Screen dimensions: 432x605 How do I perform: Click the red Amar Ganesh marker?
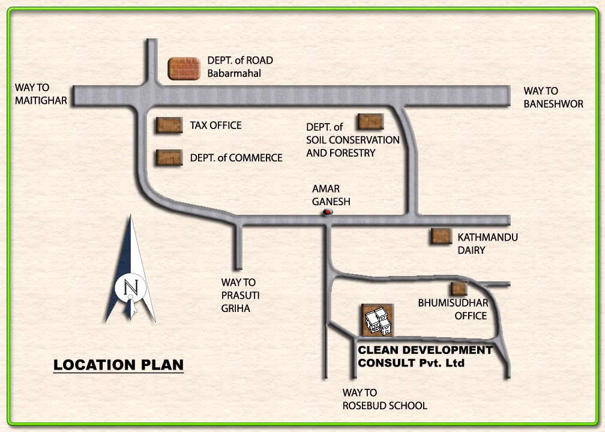(328, 212)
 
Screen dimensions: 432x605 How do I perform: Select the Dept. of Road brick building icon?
(184, 68)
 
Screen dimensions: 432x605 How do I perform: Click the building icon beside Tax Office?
(169, 125)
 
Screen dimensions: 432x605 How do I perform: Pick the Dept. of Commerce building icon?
(169, 157)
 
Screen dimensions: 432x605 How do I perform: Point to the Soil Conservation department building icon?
(370, 122)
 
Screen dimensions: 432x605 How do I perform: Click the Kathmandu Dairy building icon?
(441, 236)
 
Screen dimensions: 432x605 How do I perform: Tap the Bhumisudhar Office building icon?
(459, 289)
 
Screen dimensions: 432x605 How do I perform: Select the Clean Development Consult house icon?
(378, 320)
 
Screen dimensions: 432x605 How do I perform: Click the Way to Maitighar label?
(41, 95)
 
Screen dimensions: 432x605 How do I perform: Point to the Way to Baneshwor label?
(553, 97)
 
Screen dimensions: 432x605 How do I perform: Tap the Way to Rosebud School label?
(385, 400)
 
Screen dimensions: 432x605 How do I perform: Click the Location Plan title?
(118, 365)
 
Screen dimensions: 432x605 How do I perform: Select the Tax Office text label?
(215, 125)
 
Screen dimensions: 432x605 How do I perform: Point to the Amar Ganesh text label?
(331, 196)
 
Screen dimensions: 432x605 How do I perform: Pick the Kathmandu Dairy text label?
(487, 244)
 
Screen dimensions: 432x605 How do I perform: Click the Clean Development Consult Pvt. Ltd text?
(424, 356)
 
